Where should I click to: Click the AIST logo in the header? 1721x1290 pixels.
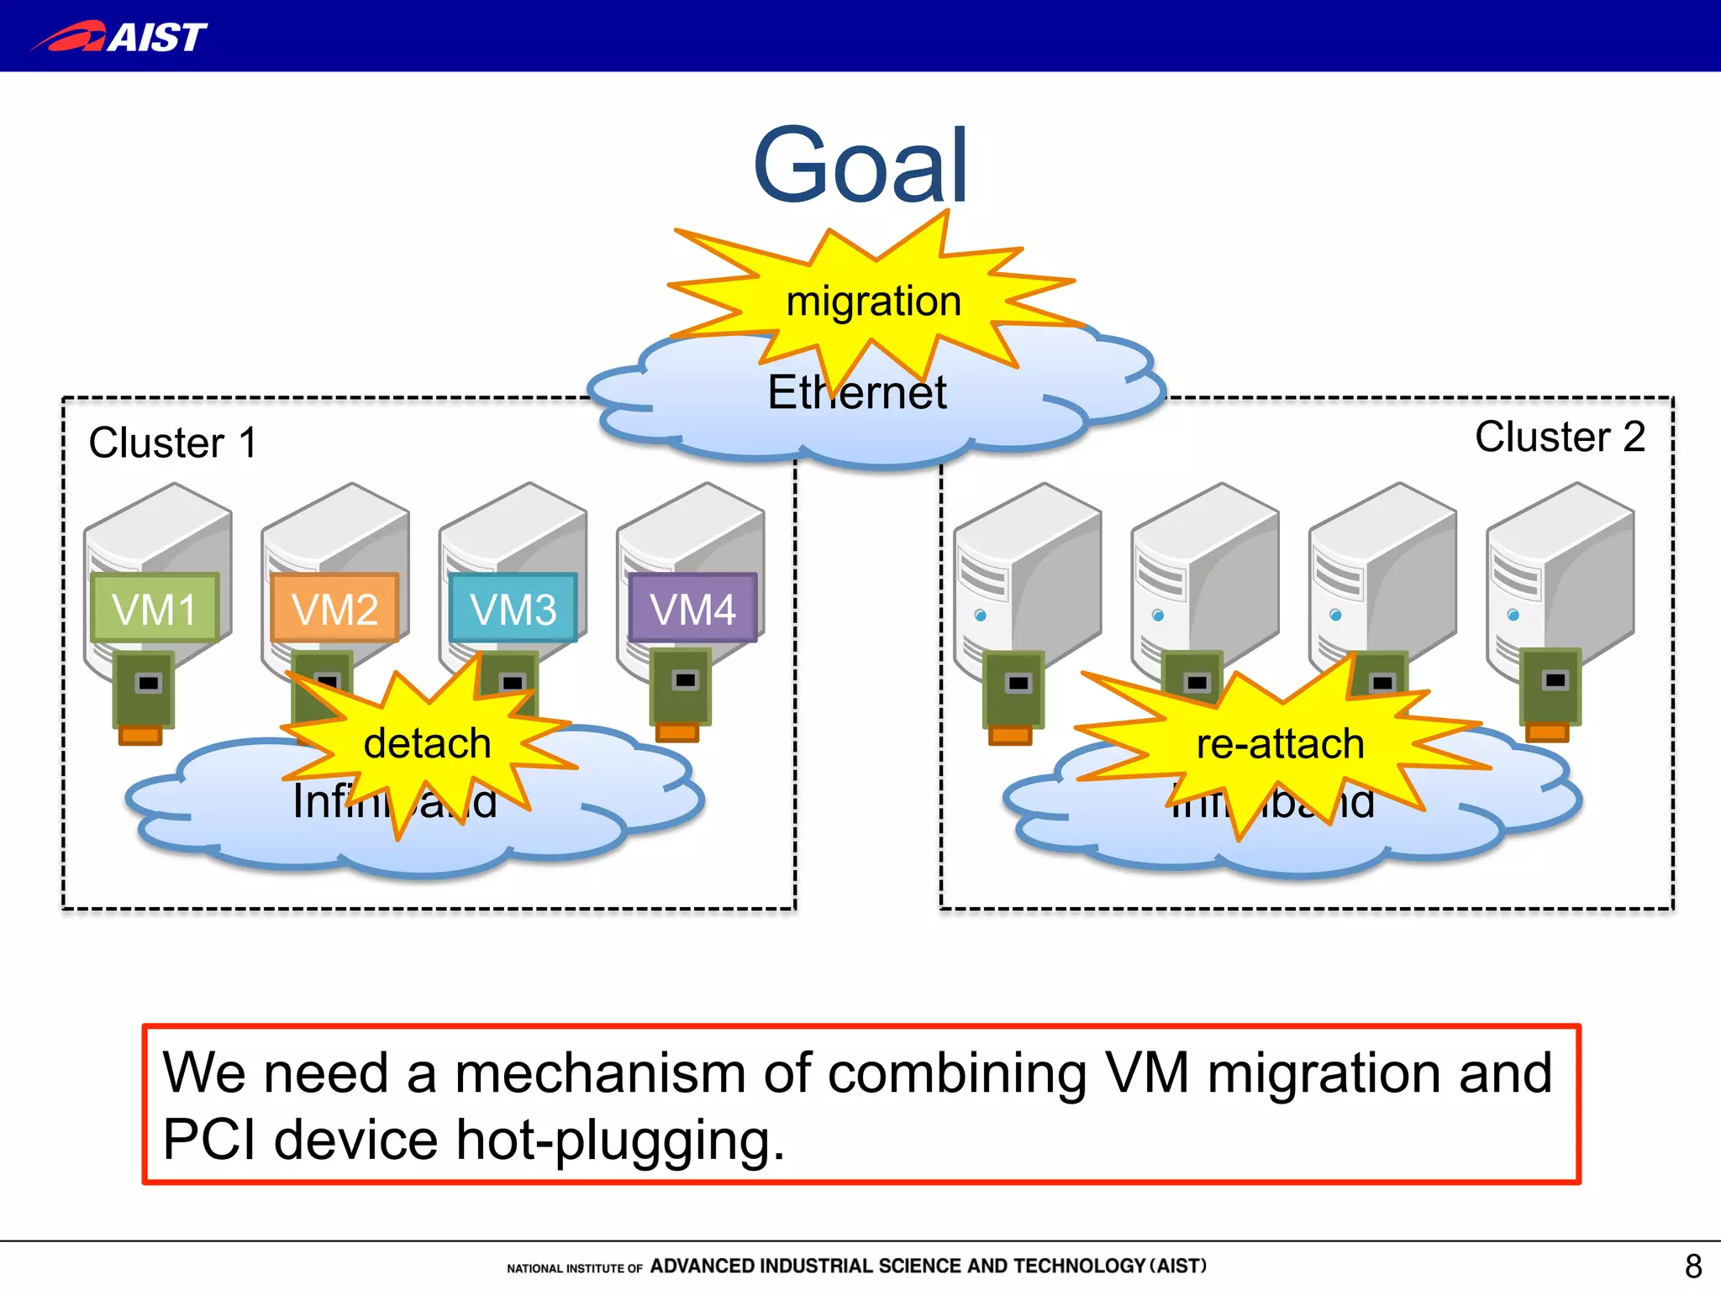[119, 37]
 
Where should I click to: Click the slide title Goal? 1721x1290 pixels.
[860, 165]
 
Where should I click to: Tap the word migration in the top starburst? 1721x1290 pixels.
[873, 301]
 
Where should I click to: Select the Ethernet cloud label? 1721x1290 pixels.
[856, 393]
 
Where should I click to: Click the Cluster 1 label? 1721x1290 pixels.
[172, 443]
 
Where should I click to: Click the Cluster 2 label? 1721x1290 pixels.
[1560, 437]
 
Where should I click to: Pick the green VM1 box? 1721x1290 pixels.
[155, 608]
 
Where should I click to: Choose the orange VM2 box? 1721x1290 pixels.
[334, 608]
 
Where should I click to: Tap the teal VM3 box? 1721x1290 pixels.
[513, 608]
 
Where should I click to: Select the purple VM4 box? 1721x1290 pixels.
[692, 608]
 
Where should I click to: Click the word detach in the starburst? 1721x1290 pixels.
[427, 743]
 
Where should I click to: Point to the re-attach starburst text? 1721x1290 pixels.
[1280, 744]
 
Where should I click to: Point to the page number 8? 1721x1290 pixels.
[1692, 1266]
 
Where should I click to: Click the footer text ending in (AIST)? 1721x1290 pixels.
[928, 1266]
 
